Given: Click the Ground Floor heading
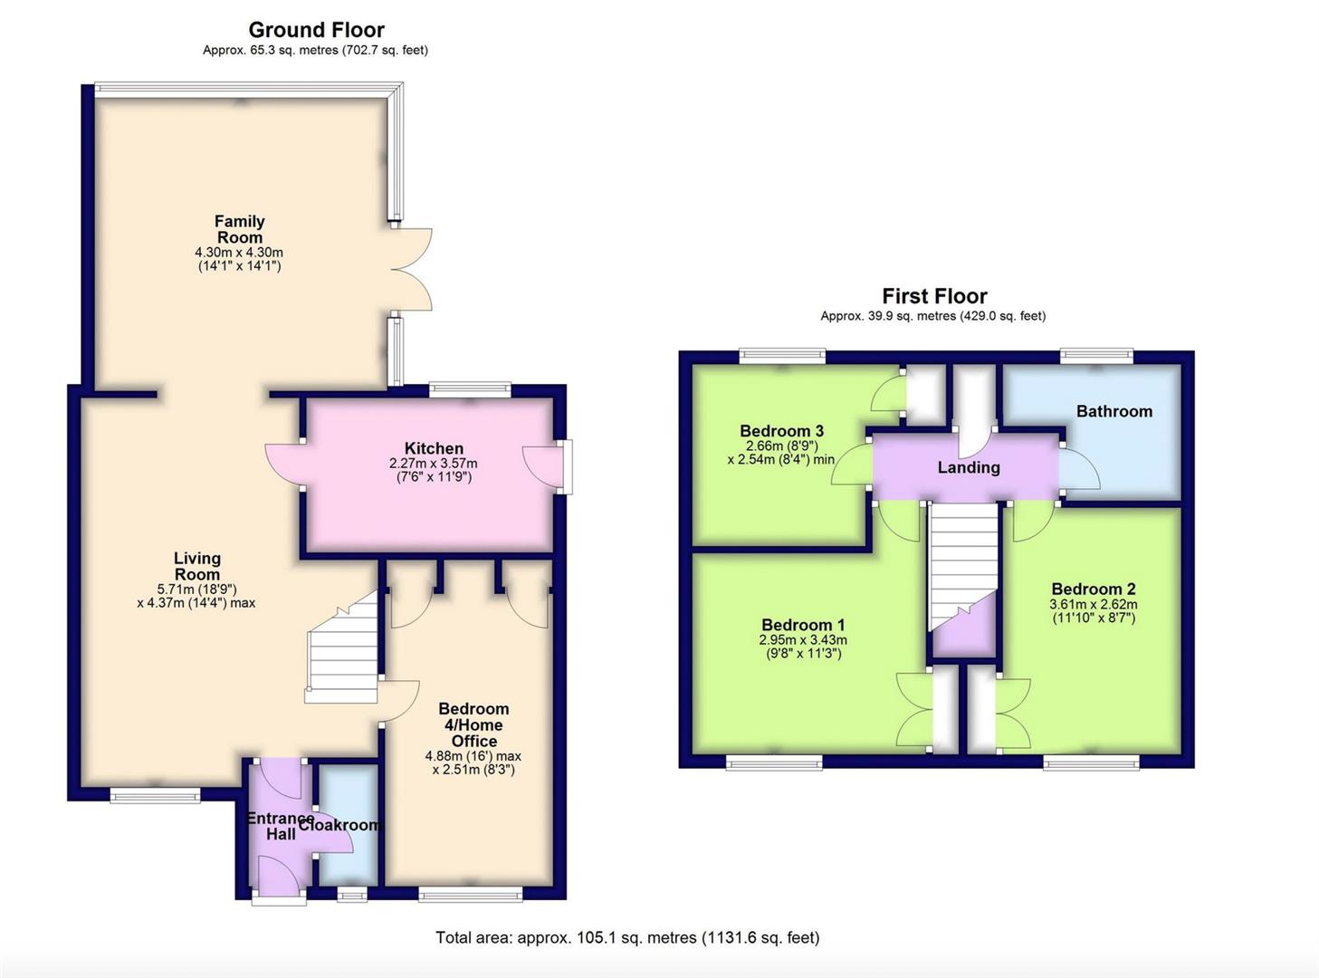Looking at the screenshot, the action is coord(316,30).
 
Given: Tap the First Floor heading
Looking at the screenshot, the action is coord(934,295).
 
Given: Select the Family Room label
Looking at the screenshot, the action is coord(240,229).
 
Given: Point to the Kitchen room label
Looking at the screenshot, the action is coord(434,448).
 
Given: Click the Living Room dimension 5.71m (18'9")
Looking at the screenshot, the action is coord(196,589).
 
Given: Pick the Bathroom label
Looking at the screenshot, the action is coord(1114,411).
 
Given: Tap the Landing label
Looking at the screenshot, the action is coord(969,467).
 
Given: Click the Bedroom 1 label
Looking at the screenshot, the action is coord(803,625).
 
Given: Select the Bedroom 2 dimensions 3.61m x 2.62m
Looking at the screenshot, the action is coord(1094,604).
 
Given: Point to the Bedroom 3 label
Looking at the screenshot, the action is coord(781,430).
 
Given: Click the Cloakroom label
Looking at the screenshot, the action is coord(339,825).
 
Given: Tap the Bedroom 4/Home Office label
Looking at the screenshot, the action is coord(474,724).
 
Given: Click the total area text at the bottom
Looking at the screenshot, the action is coord(627,937).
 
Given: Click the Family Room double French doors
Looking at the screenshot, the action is coord(412,269).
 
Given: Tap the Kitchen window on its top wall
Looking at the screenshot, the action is coord(470,389).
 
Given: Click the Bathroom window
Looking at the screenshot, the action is coord(1096,355).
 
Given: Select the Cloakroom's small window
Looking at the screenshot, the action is coord(352,894).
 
